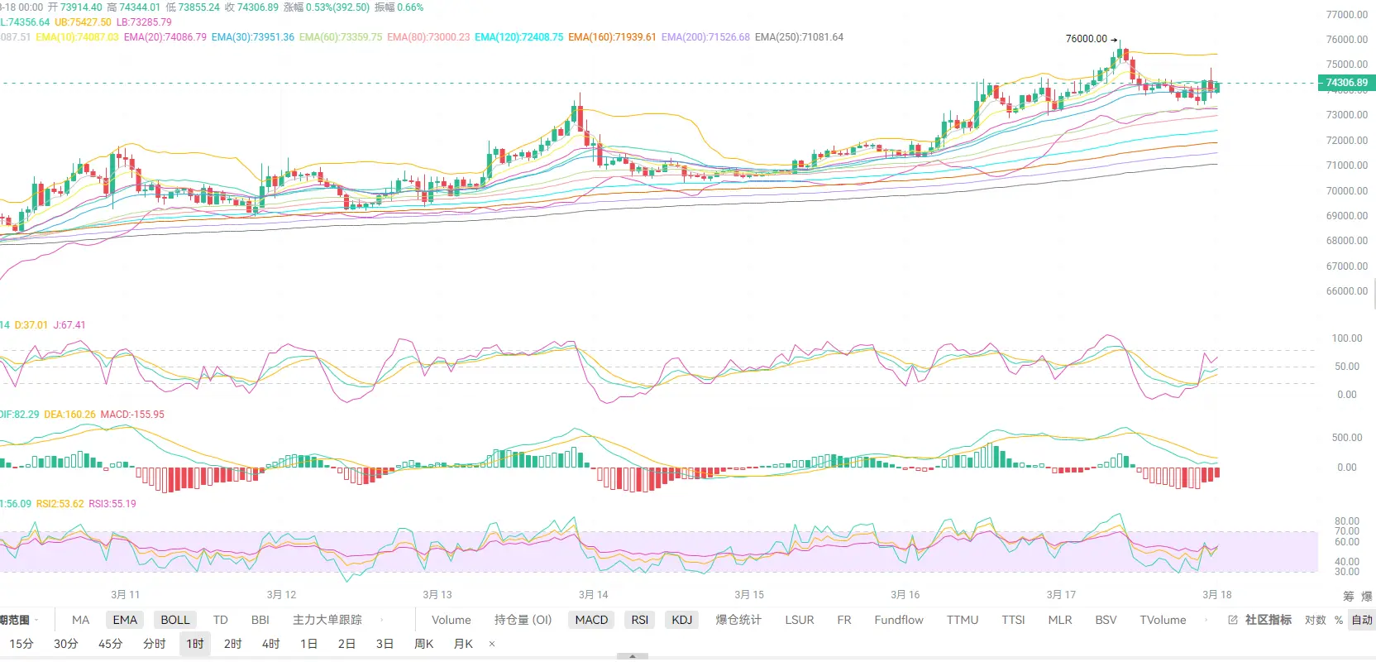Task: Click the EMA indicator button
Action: coord(125,620)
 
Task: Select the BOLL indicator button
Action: coord(175,620)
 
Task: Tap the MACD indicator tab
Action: coord(591,620)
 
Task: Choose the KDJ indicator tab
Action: coord(682,620)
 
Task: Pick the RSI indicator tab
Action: coord(640,620)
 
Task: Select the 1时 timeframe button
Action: coord(195,644)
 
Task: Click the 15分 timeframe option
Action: coord(21,644)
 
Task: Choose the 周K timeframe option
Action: coord(423,644)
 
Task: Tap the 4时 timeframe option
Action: coord(271,644)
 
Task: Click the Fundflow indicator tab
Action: coord(899,620)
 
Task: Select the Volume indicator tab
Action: coord(451,620)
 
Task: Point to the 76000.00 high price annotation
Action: coord(1086,39)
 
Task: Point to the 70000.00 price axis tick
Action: coord(1347,191)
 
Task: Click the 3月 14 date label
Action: coord(593,595)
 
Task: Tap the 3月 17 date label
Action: coord(1061,595)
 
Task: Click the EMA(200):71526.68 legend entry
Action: coord(705,37)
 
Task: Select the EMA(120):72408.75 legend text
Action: coord(518,37)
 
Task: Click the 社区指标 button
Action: coord(1268,620)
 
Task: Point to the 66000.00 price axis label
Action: coord(1347,291)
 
